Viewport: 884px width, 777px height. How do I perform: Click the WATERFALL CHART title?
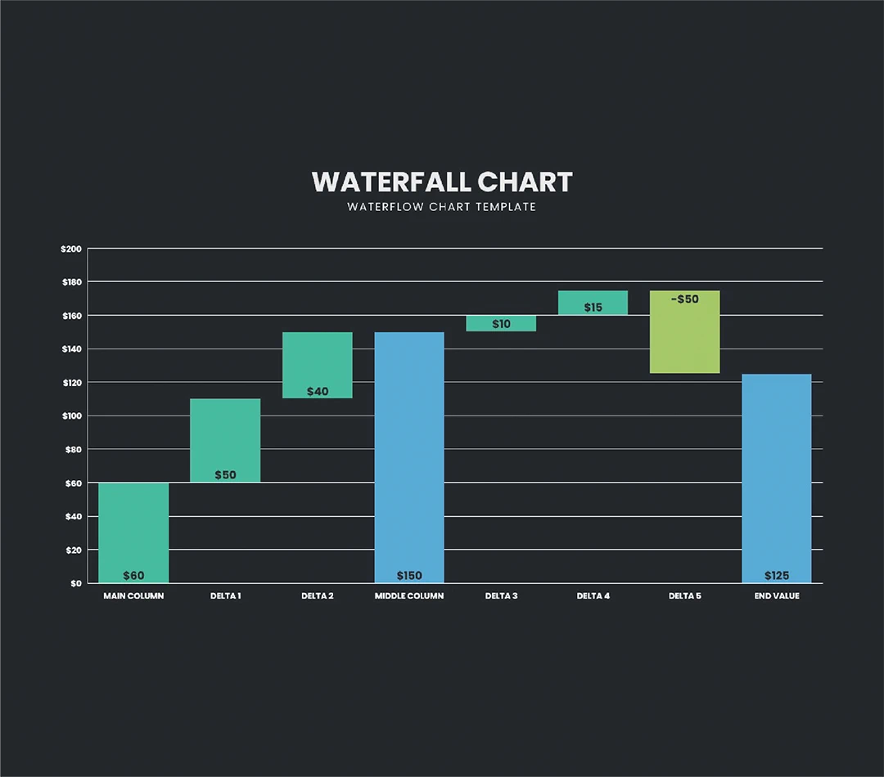coord(442,182)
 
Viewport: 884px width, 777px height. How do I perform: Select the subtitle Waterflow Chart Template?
coord(442,207)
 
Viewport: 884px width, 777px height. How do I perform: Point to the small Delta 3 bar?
coord(501,323)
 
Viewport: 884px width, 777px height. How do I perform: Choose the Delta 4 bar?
coord(593,302)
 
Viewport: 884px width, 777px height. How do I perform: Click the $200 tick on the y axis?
coord(71,249)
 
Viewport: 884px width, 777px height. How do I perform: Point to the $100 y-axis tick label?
coord(71,415)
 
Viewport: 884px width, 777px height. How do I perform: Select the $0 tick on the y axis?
coord(75,583)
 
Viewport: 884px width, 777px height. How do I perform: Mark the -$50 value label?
coord(685,299)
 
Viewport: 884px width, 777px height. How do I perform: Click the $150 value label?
coord(409,576)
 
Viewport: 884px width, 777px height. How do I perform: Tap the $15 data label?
coord(593,308)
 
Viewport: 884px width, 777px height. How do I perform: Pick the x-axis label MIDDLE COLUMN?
coord(409,596)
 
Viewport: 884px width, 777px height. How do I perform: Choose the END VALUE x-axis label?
coord(777,596)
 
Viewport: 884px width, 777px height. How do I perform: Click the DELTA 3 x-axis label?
coord(501,596)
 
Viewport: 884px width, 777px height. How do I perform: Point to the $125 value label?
coord(777,576)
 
